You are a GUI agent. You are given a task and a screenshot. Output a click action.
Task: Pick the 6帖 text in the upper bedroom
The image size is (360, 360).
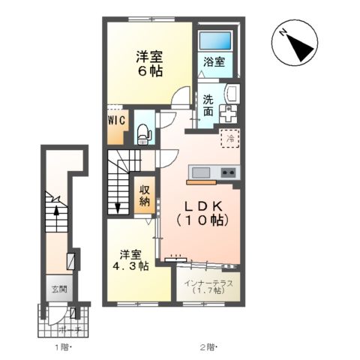point(149,72)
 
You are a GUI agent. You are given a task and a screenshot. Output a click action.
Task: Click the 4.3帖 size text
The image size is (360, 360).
point(131,265)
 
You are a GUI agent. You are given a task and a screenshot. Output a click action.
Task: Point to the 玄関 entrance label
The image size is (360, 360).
point(58,289)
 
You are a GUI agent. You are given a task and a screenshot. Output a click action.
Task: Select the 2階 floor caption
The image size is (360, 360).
point(208,346)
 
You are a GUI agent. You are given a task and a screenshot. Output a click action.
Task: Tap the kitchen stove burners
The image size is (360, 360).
point(229,172)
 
